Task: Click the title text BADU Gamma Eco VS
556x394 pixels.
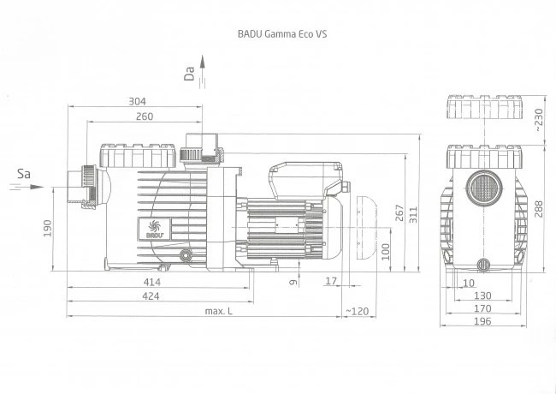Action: tap(281, 35)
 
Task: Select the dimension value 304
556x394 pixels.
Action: tap(136, 101)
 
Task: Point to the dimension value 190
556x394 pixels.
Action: tap(48, 227)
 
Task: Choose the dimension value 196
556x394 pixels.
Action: tap(484, 322)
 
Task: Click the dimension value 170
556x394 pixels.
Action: tap(484, 308)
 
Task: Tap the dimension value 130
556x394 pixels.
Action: tap(484, 295)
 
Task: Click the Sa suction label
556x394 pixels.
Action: tap(25, 174)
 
